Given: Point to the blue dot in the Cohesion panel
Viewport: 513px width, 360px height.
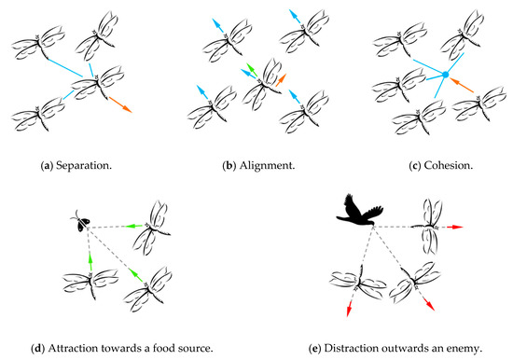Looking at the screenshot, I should click(446, 74).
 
